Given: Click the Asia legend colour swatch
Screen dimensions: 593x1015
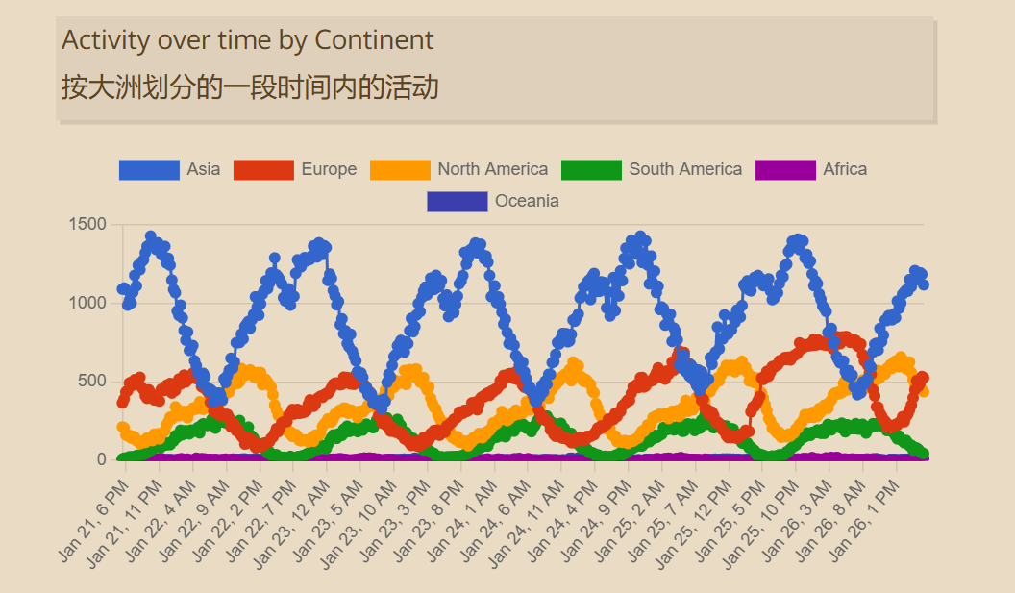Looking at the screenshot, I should tap(149, 169).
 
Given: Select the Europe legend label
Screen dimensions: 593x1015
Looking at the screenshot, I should tap(329, 169).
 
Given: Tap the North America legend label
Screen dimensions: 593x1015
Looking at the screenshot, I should tap(492, 169).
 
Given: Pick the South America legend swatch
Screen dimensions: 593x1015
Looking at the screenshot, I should tap(591, 169).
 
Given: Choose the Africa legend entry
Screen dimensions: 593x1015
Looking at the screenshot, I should tap(845, 169).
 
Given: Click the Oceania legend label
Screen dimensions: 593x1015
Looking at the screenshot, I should tap(527, 201).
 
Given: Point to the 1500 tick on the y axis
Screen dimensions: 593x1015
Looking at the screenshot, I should tap(87, 225).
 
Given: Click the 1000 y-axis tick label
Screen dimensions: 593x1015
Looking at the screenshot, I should tap(87, 304).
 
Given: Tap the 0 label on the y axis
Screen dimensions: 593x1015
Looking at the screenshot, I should tap(101, 459).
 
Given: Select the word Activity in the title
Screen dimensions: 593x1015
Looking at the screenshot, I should tap(106, 40).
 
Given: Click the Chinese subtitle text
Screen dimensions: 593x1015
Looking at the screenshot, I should tap(250, 88).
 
